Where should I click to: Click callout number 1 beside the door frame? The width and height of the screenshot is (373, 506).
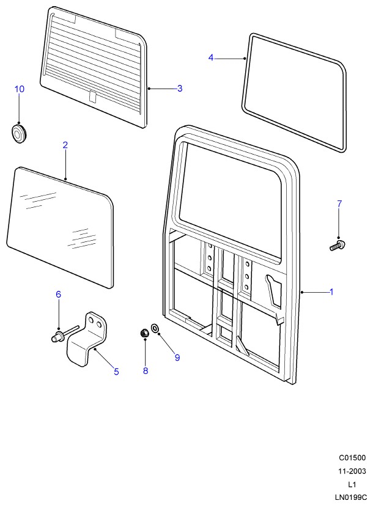coord(331,292)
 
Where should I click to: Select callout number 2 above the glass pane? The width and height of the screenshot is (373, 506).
coord(65,145)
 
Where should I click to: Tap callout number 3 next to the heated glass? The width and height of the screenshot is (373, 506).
coord(180,89)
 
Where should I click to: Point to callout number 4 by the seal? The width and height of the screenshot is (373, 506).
coord(211,57)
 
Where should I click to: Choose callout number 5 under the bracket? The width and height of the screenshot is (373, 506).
coord(116,371)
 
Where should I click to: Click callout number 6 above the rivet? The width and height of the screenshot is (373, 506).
coord(59,295)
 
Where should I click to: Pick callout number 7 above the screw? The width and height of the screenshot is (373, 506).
coord(339,204)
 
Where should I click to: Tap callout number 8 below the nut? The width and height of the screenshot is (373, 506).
coord(146,371)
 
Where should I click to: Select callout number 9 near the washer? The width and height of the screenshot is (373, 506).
coord(177,358)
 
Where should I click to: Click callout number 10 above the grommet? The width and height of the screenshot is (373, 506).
coord(19,89)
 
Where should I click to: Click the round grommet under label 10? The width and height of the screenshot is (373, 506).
coord(19,132)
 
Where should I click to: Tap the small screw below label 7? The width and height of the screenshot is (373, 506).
coord(337,246)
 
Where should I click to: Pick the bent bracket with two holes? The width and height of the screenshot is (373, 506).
coord(89,343)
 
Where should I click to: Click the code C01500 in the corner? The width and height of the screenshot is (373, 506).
coord(352,458)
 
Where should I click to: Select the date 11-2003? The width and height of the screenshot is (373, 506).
coord(352,471)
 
